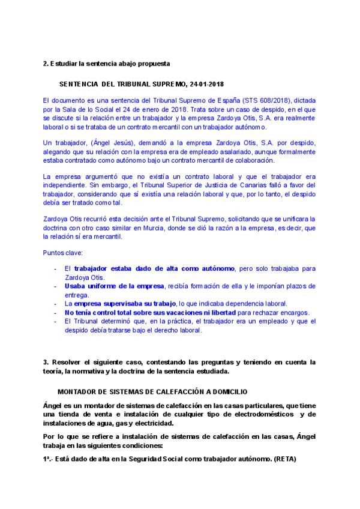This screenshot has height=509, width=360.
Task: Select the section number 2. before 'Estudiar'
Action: click(x=46, y=63)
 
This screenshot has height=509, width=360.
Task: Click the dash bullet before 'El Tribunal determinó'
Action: click(x=56, y=322)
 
